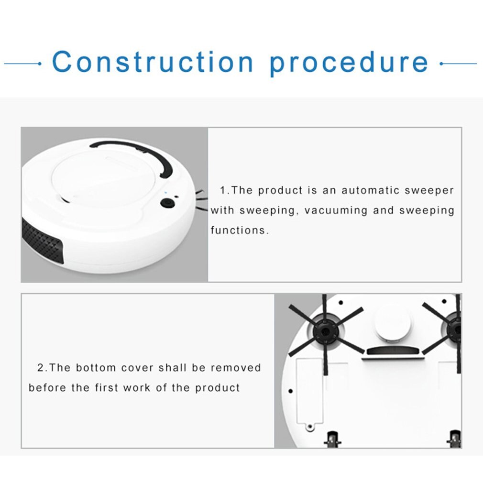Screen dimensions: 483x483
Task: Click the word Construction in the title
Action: (153, 62)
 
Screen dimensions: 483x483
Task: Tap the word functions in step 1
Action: (238, 230)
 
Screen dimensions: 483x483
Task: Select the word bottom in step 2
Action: (96, 368)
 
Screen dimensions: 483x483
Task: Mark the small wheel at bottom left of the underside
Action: (331, 439)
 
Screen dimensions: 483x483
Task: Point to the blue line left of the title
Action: (22, 63)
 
